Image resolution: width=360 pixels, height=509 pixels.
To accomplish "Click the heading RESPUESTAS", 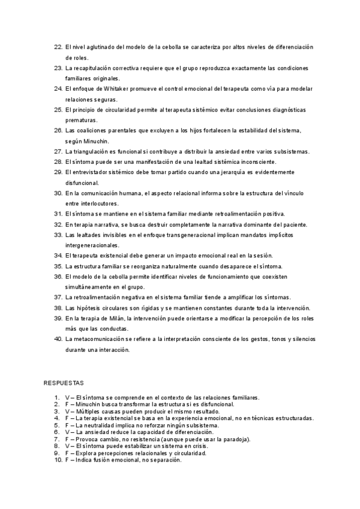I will click(64, 382).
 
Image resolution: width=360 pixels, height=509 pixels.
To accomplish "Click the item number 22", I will click(58, 47).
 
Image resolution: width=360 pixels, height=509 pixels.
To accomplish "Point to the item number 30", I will click(58, 193).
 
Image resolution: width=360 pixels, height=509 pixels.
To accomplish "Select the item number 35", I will click(58, 266).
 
